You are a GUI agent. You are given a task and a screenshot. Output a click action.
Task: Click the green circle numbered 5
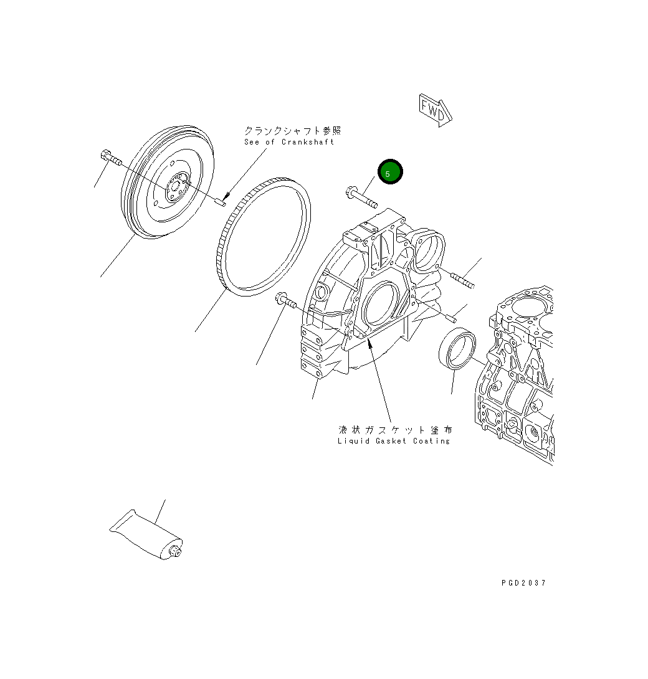[390, 171]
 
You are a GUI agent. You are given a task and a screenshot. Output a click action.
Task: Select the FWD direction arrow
[435, 110]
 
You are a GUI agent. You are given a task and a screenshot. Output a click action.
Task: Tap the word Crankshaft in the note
[308, 142]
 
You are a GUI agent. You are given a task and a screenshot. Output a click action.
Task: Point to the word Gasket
[391, 441]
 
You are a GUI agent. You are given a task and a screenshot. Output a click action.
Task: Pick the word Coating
[431, 441]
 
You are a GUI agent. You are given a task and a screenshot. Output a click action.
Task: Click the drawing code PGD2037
[523, 583]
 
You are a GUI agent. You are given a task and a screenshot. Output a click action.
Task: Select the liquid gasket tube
[146, 534]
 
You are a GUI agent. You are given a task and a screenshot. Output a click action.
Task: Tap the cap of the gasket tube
[175, 552]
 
